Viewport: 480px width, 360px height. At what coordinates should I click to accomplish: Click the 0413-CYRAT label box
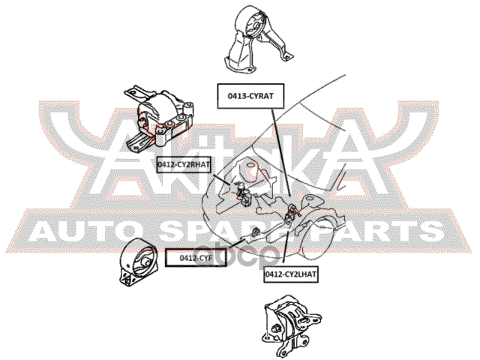(250, 96)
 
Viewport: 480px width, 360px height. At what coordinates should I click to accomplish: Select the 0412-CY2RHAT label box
(184, 165)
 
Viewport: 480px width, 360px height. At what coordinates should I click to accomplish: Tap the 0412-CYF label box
(196, 258)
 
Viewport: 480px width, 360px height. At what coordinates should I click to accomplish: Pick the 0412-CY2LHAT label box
(290, 274)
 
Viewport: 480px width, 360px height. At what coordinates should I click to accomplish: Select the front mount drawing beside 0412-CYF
(139, 262)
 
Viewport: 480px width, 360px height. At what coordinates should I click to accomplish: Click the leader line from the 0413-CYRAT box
(280, 152)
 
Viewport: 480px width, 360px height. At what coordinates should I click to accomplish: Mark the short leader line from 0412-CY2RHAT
(221, 178)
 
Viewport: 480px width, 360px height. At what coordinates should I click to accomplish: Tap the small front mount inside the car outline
(255, 232)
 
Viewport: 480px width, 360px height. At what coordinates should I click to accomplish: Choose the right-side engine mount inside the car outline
(243, 193)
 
